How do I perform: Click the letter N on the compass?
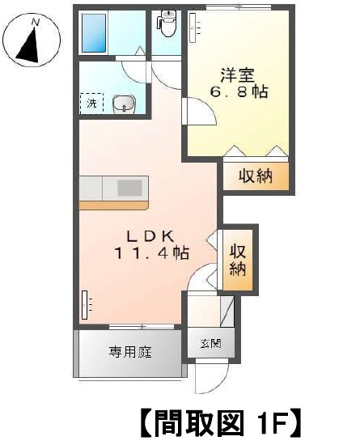click(x=35, y=23)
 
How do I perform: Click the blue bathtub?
click(x=94, y=33)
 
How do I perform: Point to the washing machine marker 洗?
click(x=91, y=103)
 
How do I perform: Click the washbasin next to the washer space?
click(x=124, y=104)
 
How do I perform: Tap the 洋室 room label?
click(x=237, y=75)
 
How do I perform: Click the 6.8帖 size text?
click(x=239, y=91)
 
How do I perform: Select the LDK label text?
click(x=150, y=236)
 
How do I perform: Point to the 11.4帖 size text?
click(x=151, y=252)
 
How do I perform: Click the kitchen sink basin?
click(x=129, y=188)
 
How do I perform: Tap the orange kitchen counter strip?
click(x=113, y=206)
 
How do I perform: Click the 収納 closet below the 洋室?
click(x=256, y=176)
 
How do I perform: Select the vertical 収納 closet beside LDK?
click(x=238, y=260)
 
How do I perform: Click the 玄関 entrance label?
click(x=211, y=343)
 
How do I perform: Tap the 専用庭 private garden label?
click(x=130, y=352)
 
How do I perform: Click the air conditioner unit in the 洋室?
click(x=193, y=28)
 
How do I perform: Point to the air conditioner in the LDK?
click(x=84, y=305)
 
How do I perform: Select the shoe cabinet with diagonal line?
click(x=227, y=311)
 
